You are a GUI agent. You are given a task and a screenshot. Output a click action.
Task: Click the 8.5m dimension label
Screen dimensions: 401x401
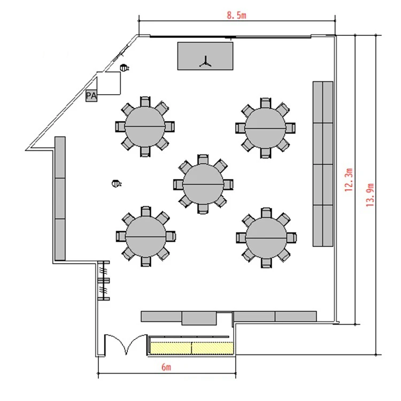(x=236, y=16)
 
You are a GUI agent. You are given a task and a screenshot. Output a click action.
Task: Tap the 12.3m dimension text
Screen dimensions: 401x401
(x=349, y=180)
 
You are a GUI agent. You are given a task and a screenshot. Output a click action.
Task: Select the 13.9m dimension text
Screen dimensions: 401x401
(x=370, y=195)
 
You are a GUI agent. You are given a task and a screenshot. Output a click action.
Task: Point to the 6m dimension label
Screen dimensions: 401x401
(x=166, y=367)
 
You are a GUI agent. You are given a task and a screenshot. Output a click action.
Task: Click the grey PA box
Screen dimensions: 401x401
(x=91, y=96)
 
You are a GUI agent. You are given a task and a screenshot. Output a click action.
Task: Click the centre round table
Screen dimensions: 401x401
(x=203, y=184)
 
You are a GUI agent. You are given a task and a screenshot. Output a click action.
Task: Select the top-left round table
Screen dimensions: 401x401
(x=145, y=127)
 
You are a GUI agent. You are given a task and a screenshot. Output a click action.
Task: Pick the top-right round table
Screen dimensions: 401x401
(x=265, y=128)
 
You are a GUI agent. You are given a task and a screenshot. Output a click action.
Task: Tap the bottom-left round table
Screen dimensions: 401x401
(x=146, y=237)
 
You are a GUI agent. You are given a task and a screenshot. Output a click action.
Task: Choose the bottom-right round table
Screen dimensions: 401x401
(x=266, y=238)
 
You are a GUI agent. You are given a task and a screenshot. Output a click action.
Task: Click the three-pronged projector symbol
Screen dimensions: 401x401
(x=205, y=62)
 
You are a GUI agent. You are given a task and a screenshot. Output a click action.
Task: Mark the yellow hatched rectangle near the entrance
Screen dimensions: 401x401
(x=191, y=348)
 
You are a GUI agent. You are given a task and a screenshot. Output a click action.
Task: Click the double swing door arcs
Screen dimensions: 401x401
(x=126, y=344)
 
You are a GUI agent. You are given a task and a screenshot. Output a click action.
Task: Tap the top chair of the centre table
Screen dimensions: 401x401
(x=203, y=159)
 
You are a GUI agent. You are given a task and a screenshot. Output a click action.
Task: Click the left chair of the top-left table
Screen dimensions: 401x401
(x=120, y=127)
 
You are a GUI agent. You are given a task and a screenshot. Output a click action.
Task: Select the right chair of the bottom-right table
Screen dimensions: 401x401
(x=291, y=238)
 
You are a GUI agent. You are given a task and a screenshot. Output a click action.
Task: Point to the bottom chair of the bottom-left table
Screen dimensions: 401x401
(x=146, y=261)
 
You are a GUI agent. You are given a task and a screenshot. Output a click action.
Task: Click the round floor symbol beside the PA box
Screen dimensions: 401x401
(x=124, y=68)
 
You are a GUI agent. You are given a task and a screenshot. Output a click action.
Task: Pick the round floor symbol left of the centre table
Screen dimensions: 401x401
(x=117, y=183)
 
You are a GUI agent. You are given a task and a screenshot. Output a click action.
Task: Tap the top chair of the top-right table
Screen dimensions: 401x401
(x=265, y=103)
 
